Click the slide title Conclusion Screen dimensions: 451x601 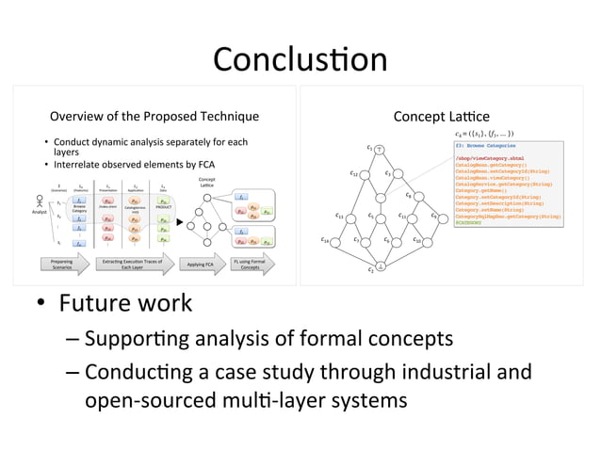coord(300,58)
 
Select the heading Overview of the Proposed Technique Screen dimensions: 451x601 coord(154,117)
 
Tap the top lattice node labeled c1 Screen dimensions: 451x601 coord(379,149)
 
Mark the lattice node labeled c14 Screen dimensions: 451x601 coord(333,242)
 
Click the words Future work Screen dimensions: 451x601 coord(126,304)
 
